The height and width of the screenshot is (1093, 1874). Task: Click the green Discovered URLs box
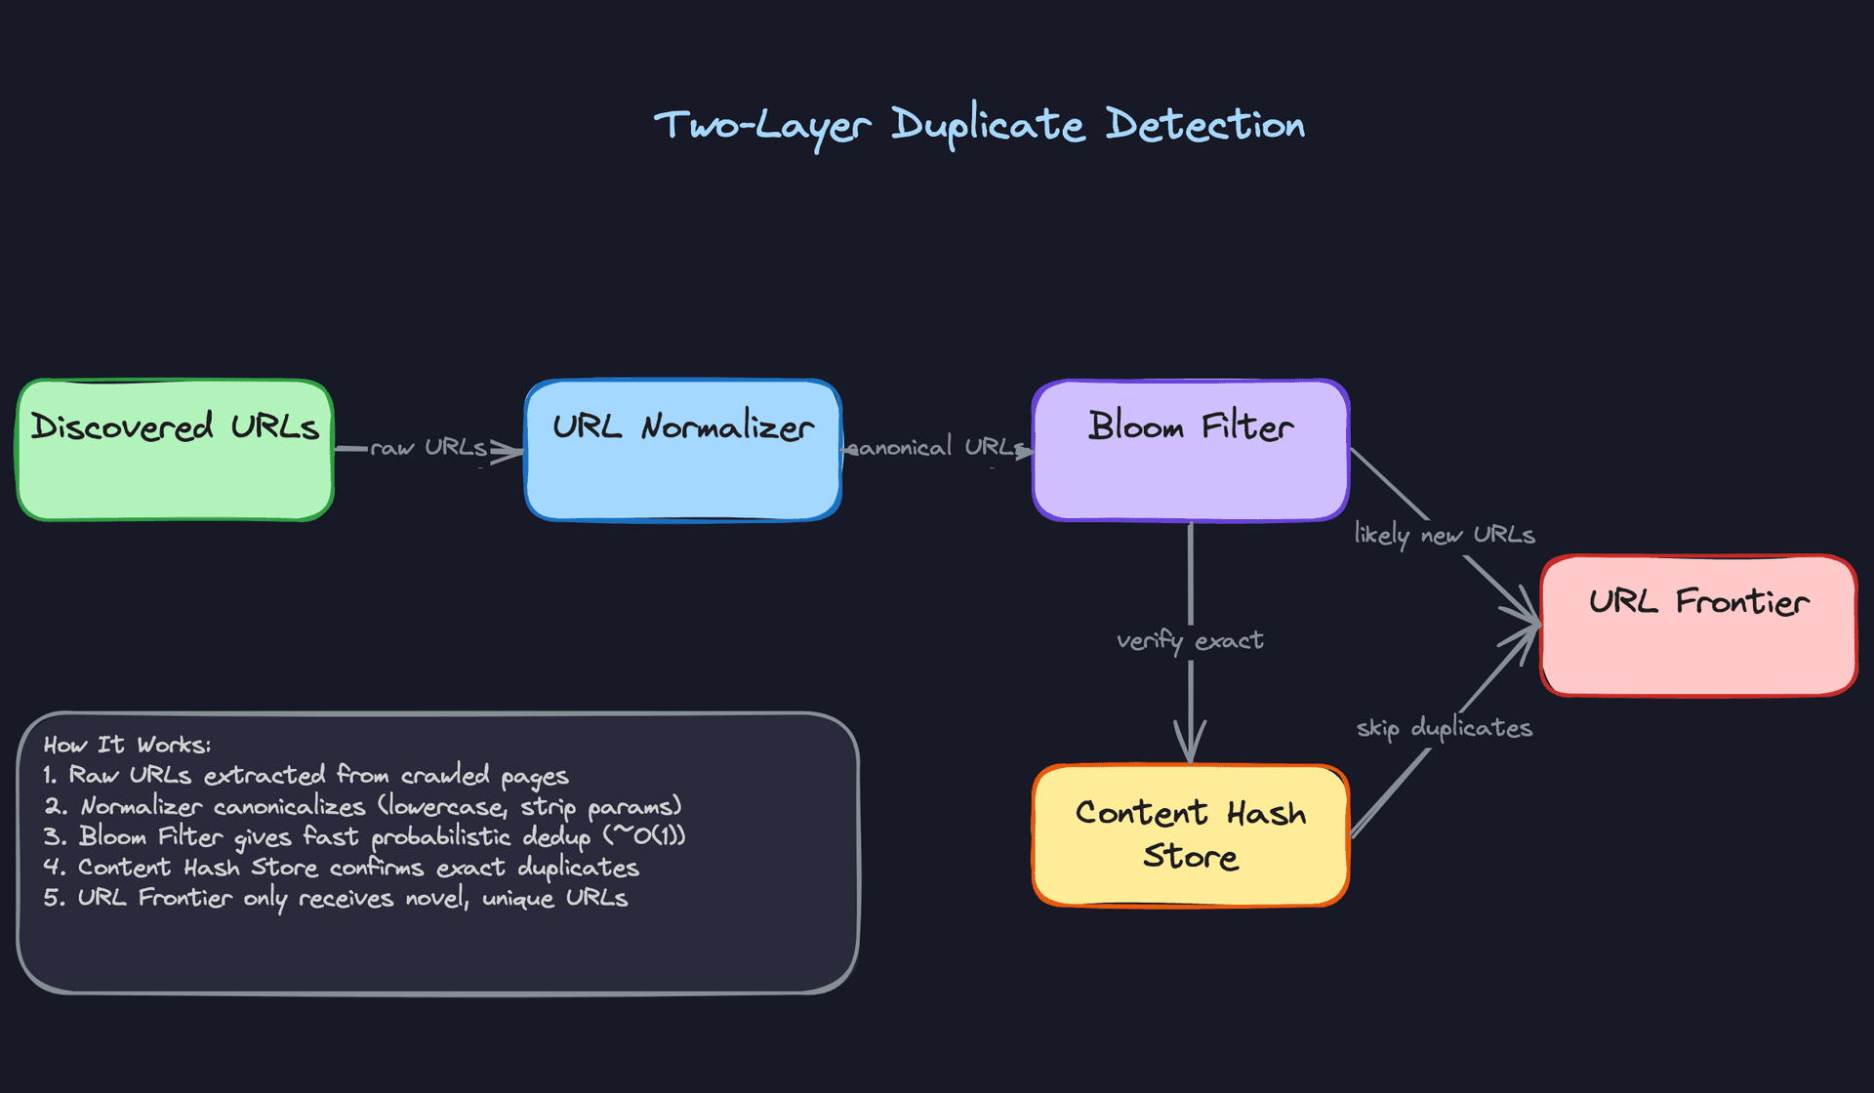(176, 451)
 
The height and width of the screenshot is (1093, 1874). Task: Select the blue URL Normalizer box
(683, 451)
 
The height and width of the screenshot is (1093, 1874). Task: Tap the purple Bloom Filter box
(1191, 451)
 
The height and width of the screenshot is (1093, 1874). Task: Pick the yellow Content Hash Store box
(1191, 836)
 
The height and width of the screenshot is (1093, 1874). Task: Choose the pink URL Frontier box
(1698, 626)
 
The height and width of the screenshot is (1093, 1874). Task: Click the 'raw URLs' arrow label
(428, 448)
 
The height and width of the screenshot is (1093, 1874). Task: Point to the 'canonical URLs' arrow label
(937, 448)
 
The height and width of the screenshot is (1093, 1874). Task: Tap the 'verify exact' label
(1190, 641)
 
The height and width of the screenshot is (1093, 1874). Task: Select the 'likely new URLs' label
(1445, 535)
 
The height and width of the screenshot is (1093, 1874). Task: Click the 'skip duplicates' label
(1445, 728)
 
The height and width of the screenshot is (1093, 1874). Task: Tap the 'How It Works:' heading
(127, 746)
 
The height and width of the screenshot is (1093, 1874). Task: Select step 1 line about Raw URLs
(306, 776)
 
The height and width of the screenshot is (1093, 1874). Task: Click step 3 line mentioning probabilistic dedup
(364, 837)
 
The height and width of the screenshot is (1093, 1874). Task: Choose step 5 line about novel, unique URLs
(336, 899)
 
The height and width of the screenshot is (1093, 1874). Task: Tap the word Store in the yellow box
(1191, 857)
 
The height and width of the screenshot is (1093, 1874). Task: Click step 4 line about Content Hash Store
(341, 868)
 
